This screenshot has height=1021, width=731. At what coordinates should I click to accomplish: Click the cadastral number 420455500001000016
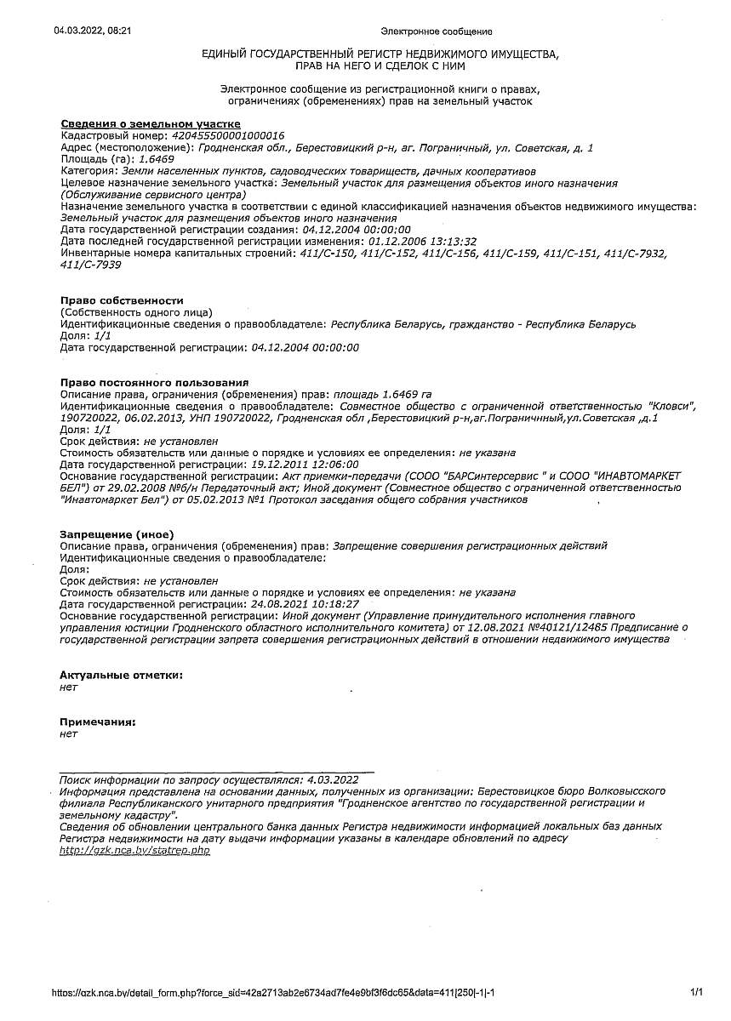click(x=228, y=136)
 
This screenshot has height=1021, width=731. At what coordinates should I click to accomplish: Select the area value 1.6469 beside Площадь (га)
click(x=157, y=159)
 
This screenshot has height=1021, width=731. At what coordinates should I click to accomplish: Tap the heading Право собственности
click(x=122, y=301)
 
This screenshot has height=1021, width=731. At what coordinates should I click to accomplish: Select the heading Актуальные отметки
click(x=121, y=675)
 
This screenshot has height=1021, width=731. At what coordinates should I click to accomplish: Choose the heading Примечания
click(x=97, y=722)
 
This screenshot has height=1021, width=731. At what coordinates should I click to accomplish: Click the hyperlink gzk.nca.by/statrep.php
click(x=134, y=850)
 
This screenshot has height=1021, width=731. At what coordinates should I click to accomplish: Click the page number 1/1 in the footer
click(x=697, y=992)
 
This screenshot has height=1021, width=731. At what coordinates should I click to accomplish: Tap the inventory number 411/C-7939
click(x=91, y=265)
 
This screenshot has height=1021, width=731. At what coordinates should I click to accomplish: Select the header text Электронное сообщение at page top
click(x=437, y=31)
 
